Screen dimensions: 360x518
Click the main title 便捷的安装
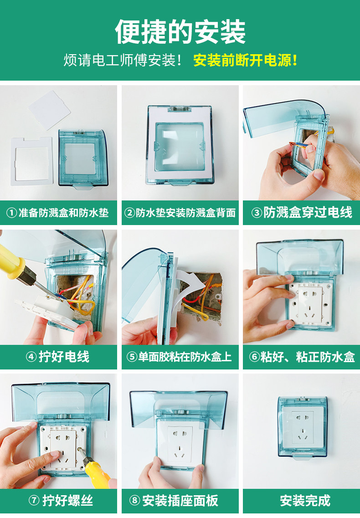(180, 32)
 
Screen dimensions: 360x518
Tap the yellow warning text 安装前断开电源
(245, 61)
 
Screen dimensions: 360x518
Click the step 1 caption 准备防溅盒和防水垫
(63, 213)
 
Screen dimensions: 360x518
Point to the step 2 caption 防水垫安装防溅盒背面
(185, 213)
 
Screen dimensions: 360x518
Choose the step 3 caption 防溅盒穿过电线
(308, 212)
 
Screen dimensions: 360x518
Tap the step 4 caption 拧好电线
(64, 357)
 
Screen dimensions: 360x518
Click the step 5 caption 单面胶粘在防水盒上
(185, 357)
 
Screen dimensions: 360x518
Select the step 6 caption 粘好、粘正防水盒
(308, 357)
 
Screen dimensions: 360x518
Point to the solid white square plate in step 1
(50, 110)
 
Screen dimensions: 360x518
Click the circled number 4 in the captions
(31, 357)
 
